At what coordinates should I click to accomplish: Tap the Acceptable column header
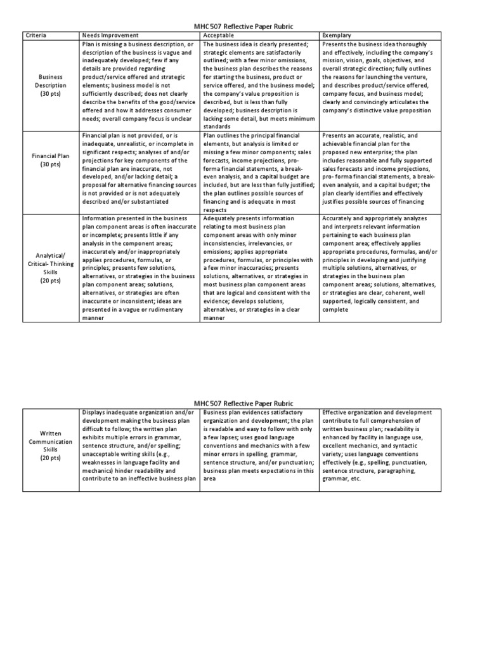coord(218,36)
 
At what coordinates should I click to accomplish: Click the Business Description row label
coord(51,84)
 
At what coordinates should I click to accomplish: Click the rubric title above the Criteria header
coord(243,26)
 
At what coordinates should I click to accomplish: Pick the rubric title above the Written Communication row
coord(243,403)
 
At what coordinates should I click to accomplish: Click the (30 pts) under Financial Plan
coord(51,164)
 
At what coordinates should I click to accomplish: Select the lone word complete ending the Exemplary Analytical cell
coord(336,310)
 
